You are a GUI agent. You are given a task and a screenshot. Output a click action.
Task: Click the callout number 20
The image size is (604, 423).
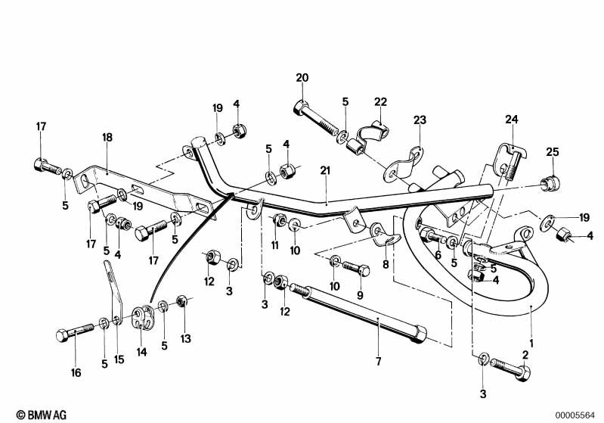[302, 78]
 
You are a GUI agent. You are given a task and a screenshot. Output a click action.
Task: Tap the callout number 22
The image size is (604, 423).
[380, 101]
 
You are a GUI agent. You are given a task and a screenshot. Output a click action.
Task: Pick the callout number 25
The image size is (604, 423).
[553, 152]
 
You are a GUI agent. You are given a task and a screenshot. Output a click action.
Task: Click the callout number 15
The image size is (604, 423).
[118, 360]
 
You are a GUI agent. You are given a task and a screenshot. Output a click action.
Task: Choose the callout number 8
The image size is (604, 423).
[386, 265]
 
